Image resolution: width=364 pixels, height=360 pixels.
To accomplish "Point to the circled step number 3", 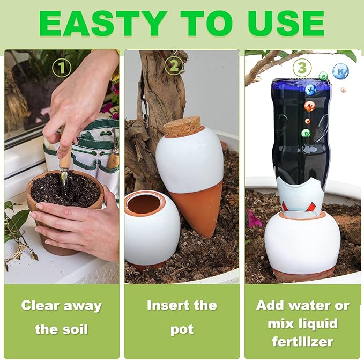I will click(302, 67).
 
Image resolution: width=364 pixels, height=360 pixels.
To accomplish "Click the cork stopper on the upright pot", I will click(182, 127).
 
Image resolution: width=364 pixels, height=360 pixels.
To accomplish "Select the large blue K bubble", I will click(340, 71).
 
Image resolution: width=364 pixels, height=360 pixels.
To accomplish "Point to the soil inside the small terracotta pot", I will click(51, 188).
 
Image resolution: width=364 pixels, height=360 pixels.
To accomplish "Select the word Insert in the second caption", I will click(165, 305).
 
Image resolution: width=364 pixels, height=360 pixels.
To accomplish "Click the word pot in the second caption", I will click(182, 329).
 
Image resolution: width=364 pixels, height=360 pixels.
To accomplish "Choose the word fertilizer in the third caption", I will click(302, 341).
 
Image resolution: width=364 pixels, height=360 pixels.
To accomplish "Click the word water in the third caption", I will click(309, 306).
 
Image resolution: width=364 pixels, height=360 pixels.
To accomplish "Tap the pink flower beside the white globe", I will click(252, 218).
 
